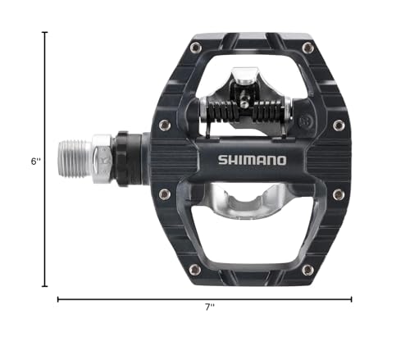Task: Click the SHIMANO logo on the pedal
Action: tap(253, 160)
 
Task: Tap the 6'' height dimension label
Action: tap(34, 162)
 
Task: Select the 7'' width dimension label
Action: tap(209, 308)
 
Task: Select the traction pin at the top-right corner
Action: tap(307, 48)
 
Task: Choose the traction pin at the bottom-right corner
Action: tap(307, 268)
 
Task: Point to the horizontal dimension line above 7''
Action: tap(205, 299)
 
